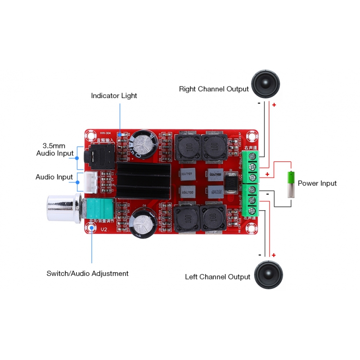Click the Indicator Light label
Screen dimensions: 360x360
(114, 96)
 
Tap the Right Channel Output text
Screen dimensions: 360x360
(214, 89)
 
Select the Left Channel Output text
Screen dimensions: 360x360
(217, 277)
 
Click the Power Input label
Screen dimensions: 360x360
(317, 183)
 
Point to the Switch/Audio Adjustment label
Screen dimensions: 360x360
(87, 274)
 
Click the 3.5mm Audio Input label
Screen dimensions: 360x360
(55, 150)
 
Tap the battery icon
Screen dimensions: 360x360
(291, 184)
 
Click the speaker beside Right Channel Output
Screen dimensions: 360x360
(265, 85)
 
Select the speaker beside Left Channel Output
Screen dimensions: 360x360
(268, 275)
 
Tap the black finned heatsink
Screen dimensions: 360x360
(144, 181)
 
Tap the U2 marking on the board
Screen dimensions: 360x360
(104, 229)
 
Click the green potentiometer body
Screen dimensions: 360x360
(100, 209)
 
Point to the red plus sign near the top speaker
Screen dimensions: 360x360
(274, 105)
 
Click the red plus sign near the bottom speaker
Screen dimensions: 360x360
(274, 255)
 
